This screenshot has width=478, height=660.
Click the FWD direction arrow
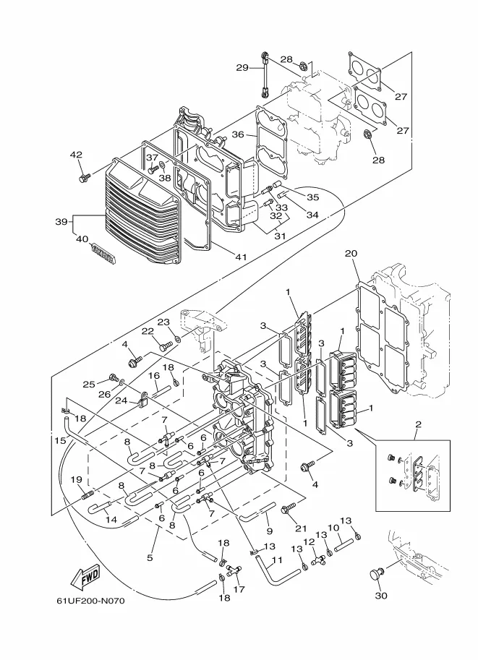pos(85,576)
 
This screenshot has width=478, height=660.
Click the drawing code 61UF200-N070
pos(90,601)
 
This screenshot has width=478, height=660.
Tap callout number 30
pos(380,595)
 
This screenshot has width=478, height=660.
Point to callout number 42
pos(76,155)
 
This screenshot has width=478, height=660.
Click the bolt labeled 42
pos(85,178)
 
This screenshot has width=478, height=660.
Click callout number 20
pos(351,253)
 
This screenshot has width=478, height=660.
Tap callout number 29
pos(242,67)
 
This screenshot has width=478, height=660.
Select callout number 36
pos(238,134)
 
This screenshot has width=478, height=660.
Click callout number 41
pos(242,257)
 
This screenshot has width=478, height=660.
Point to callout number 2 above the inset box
pos(418,424)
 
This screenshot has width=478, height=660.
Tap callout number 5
pos(150,558)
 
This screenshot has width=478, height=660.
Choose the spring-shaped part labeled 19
pos(86,495)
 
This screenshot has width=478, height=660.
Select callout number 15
pos(60,440)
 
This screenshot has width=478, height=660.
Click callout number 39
pos(61,221)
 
